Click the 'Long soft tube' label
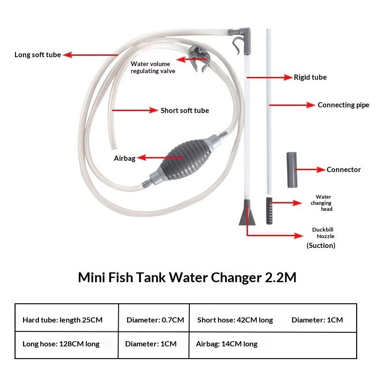point(37,55)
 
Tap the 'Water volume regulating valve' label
point(153,67)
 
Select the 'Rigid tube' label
point(310,77)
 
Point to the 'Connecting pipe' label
point(344,105)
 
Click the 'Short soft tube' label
point(185,111)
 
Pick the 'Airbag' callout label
point(125,158)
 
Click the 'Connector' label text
point(344,170)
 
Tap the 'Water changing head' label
point(321,203)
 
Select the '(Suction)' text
point(321,245)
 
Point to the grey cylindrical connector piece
point(292,170)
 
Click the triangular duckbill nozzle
point(247,213)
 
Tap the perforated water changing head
point(269,210)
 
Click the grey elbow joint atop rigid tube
point(243,39)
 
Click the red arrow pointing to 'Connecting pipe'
point(292,105)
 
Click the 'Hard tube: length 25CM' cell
point(62,320)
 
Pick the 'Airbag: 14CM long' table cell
point(227,344)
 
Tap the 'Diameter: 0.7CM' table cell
point(155,320)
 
